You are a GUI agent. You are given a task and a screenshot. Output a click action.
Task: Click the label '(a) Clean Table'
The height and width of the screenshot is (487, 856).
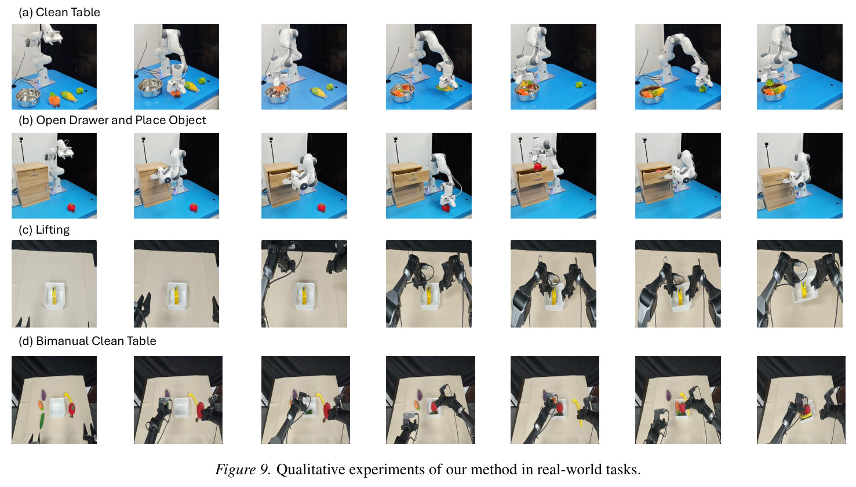click(x=59, y=13)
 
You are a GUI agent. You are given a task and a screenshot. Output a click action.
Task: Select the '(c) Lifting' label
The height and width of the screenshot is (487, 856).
click(x=44, y=230)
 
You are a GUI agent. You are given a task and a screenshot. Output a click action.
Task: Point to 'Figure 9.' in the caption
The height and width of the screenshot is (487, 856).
click(x=243, y=470)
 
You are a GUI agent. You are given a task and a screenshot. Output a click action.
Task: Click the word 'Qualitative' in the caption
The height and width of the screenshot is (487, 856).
click(x=311, y=470)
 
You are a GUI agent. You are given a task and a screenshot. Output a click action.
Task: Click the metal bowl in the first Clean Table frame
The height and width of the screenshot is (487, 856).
click(x=27, y=98)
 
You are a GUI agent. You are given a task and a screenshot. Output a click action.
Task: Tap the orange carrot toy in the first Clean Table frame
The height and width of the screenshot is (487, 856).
click(x=54, y=100)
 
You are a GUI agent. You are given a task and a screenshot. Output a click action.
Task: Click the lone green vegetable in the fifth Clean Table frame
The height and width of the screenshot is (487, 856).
click(x=580, y=85)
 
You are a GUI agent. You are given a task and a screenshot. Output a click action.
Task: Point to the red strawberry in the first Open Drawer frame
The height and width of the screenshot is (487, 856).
click(x=71, y=208)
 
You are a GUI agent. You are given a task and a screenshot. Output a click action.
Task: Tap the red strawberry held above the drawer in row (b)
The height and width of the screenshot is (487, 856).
click(x=538, y=167)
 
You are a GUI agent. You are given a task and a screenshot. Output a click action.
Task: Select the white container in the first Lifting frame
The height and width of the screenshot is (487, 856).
click(x=54, y=296)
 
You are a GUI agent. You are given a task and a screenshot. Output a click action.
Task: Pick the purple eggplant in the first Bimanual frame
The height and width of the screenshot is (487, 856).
click(x=43, y=394)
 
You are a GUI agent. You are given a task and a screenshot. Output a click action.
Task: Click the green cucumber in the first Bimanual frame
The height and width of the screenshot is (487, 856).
click(x=42, y=421)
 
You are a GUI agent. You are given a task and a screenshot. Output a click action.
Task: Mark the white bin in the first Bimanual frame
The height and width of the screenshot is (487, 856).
click(x=57, y=408)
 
